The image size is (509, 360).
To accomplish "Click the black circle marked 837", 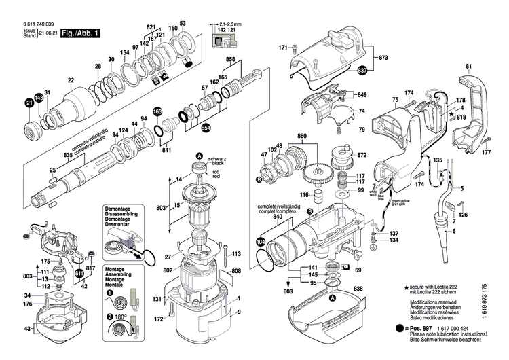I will tap(362, 70).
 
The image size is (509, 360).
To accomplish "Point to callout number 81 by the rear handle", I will tap(468, 66).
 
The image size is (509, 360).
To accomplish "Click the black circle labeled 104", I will tap(261, 241).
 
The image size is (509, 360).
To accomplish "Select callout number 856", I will tap(230, 60).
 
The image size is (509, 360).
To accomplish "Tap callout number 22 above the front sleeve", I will tap(71, 80).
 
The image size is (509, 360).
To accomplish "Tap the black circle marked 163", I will tap(157, 111).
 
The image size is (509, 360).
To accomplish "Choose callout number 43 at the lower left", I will tap(27, 329).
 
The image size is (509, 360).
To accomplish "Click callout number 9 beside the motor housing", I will tap(239, 312).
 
